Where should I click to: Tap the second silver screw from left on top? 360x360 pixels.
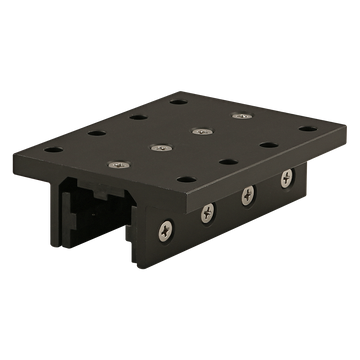coord(156,148)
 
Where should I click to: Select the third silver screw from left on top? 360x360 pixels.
coord(204,130)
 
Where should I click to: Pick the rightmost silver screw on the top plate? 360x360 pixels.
coord(237,115)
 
